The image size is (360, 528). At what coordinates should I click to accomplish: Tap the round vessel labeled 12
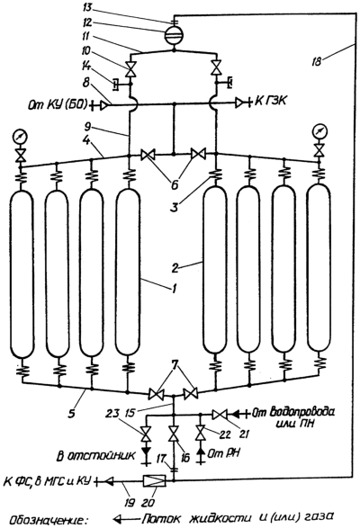click(174, 35)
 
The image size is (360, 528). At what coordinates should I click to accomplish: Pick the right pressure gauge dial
click(319, 130)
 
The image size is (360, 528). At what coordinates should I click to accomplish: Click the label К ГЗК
click(271, 101)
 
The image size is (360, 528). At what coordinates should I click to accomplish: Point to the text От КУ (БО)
click(58, 105)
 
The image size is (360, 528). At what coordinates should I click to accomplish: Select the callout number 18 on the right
click(316, 62)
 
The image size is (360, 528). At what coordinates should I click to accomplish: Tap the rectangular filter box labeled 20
click(154, 480)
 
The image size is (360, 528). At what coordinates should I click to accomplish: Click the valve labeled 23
click(146, 434)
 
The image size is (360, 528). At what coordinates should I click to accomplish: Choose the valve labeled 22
click(201, 433)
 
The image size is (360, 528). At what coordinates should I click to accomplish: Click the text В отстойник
click(95, 456)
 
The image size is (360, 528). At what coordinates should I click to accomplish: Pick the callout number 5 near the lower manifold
click(71, 413)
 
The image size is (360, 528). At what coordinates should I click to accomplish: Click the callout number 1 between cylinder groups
click(174, 290)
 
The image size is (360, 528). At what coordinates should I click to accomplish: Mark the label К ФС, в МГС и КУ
click(48, 480)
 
